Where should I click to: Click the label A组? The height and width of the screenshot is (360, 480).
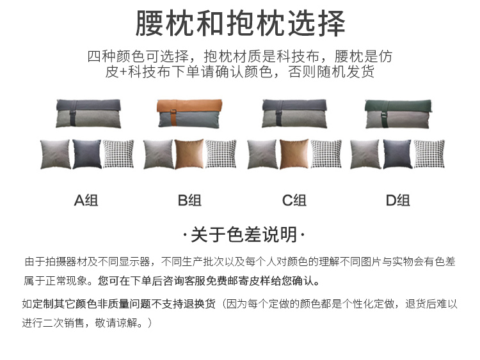86,200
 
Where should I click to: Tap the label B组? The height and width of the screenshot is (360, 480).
190,200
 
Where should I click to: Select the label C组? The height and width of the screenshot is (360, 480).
294,200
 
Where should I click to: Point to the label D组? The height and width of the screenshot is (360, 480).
397,200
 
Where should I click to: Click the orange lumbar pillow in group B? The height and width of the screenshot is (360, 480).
191,113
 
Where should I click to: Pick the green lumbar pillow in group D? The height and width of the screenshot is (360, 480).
397,113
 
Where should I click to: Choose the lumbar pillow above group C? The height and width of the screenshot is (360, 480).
294,113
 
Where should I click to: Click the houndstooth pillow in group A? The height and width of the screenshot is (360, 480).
119,154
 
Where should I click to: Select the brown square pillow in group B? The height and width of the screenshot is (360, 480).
190,154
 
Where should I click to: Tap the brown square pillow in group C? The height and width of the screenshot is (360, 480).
294,154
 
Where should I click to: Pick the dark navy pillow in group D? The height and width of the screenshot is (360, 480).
397,154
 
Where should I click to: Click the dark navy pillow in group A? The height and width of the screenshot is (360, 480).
87,154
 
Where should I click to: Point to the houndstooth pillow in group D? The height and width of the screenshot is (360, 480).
429,154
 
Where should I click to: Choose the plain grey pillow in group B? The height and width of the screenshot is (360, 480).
158,154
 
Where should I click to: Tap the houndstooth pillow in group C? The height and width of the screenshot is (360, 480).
326,154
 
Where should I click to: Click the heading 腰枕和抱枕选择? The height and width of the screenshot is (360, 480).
240,24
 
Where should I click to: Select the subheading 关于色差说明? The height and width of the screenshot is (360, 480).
240,235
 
